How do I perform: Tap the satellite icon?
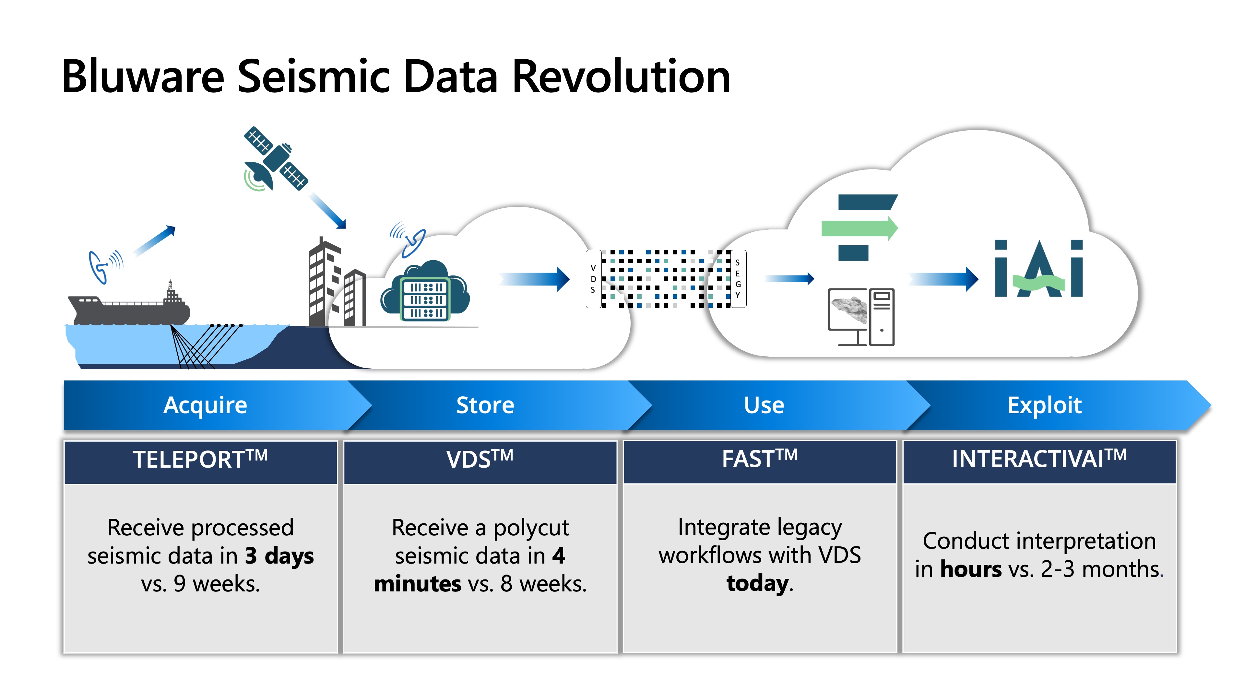click(x=275, y=159)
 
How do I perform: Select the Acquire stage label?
click(x=206, y=405)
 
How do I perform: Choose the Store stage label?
click(x=485, y=405)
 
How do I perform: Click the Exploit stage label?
click(x=1044, y=405)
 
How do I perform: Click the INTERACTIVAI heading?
click(x=1039, y=459)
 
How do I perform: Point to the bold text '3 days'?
click(x=279, y=555)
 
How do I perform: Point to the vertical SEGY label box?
click(x=738, y=279)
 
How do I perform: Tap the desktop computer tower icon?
click(x=882, y=317)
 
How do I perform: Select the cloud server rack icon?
click(x=426, y=299)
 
